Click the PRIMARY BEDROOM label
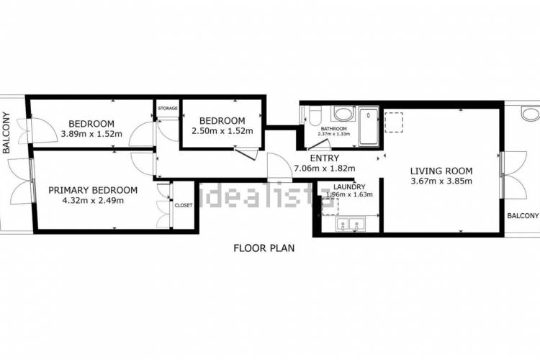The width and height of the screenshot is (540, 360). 93,190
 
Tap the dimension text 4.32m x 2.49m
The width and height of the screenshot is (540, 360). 93,200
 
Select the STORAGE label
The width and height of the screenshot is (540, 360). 168,108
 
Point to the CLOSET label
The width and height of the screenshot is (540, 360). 184,205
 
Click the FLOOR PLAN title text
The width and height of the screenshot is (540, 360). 264,248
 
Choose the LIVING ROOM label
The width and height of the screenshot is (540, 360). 441,171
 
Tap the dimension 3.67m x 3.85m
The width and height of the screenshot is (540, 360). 441,181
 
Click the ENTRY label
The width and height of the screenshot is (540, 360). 325,158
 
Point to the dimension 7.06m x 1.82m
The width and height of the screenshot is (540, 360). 325,168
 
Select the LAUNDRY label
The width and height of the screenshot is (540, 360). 349,187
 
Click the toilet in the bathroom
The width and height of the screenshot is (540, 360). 315,116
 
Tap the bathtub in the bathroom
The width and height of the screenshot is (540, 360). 369,127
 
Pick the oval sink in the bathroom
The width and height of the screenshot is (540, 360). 343,114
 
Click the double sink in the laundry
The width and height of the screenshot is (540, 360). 350,225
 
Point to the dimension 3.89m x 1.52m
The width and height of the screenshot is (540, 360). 91,134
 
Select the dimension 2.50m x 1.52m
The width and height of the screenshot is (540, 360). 222,131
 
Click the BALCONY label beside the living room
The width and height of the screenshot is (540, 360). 523,216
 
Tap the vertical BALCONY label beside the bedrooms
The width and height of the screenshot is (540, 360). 6,132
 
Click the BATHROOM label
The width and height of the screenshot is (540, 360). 333,129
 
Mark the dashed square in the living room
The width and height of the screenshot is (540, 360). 393,122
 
